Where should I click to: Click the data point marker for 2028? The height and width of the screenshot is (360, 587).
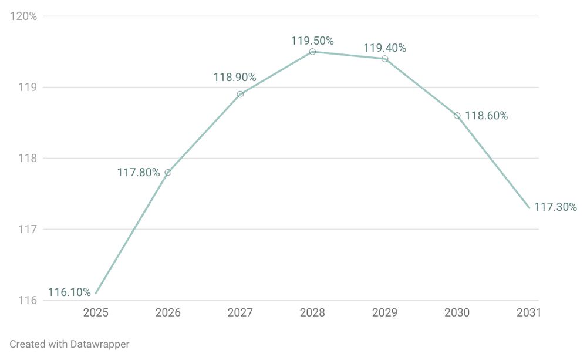(312, 52)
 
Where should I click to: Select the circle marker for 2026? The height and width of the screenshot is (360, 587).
(168, 172)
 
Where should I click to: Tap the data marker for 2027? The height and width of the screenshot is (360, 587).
(240, 94)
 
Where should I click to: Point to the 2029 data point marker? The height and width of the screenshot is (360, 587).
(384, 59)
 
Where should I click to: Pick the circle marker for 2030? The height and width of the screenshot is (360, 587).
(457, 116)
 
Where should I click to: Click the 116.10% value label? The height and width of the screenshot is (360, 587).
(69, 292)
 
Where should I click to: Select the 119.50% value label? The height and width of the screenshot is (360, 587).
(312, 41)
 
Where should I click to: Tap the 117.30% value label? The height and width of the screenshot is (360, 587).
(555, 207)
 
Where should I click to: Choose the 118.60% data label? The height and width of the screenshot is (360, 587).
(486, 116)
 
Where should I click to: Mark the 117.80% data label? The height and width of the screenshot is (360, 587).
(139, 173)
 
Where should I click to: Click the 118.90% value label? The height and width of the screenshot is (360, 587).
(234, 78)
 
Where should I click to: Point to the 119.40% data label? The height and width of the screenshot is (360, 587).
(384, 48)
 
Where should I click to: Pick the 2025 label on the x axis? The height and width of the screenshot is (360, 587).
(96, 313)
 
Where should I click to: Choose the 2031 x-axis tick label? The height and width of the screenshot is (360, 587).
(528, 313)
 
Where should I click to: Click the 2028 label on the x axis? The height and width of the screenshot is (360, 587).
(312, 313)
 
